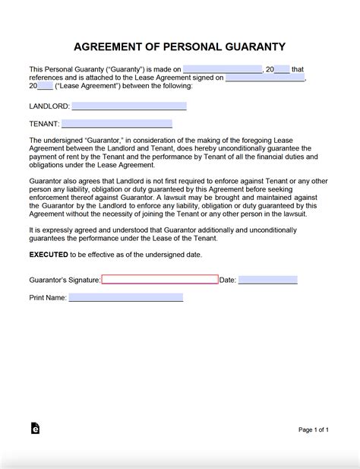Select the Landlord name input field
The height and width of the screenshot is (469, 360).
[123, 106]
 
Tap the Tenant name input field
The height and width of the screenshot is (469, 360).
[117, 123]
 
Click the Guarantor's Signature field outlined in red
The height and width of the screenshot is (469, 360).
[159, 280]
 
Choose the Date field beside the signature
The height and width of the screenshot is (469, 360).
[267, 280]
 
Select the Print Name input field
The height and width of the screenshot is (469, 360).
[125, 297]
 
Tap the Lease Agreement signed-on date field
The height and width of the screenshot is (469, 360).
[265, 78]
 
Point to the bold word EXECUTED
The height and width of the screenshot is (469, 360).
[48, 255]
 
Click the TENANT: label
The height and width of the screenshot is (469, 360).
[44, 124]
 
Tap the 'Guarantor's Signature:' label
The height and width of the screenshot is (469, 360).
[65, 280]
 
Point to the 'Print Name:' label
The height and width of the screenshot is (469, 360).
[48, 298]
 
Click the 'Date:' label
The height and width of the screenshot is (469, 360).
[228, 280]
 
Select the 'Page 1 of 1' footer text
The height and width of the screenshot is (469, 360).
[314, 429]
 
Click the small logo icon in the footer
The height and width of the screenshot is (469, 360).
[35, 429]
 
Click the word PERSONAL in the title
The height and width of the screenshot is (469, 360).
[179, 46]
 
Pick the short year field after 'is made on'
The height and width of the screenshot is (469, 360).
[282, 69]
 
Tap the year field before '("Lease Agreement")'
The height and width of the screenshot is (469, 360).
[45, 86]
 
